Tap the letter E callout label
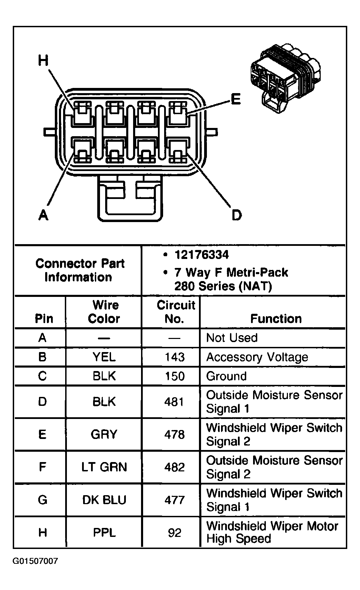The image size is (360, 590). coord(236,100)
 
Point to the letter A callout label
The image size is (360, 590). coord(43,215)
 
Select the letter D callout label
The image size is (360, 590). coord(236,215)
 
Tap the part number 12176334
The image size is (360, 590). coord(202,255)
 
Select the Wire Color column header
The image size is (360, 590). coord(104,312)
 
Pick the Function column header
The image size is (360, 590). coord(276,319)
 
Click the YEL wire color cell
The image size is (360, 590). coord(104,357)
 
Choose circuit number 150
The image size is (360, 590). coord(174,376)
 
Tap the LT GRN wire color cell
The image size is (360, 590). coord(104,467)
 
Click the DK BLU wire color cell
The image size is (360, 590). coord(104,500)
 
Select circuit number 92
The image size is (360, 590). coord(174,533)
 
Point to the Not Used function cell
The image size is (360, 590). coord(232,338)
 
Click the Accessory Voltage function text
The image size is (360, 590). coord(257,357)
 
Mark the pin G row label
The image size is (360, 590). coord(42,500)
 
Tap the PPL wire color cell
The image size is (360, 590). coord(104,533)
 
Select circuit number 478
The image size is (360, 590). coord(174,434)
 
